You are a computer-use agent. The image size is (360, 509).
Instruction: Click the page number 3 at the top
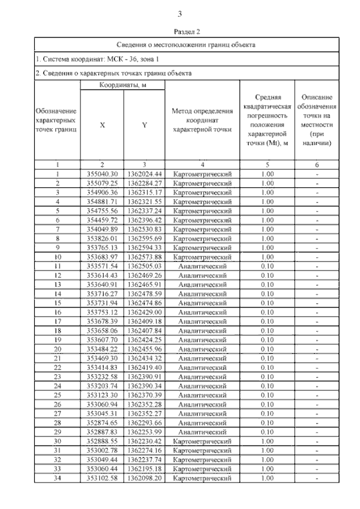[179, 14]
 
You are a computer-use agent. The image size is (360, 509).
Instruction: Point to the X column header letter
[102, 125]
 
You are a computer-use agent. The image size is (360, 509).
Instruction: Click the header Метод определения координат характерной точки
[202, 121]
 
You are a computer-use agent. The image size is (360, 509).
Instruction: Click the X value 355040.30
[102, 174]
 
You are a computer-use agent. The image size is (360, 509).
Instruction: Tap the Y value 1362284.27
[145, 183]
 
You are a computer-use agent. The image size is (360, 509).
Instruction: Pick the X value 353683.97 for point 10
[102, 256]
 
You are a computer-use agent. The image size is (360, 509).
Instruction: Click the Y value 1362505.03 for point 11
[145, 265]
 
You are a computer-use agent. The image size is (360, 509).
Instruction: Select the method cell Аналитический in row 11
[202, 265]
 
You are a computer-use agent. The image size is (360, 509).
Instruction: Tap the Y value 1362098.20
[145, 478]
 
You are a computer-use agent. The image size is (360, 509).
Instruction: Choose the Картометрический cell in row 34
[202, 478]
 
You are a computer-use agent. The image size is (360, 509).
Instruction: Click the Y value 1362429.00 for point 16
[145, 312]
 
